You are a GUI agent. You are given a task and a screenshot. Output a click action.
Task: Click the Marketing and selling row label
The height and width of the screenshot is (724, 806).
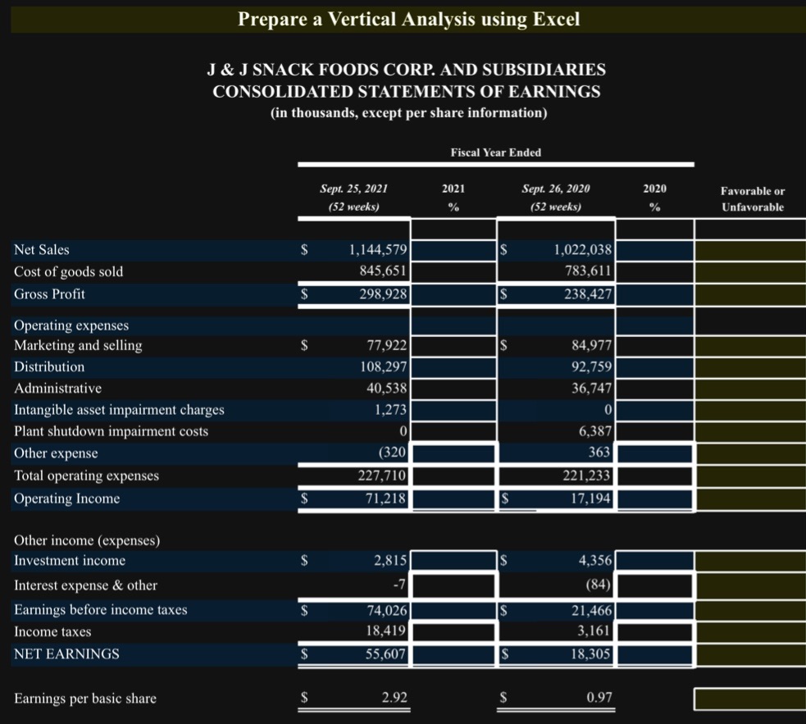78,345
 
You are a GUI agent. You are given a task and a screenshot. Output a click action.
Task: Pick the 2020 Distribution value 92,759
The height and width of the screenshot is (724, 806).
590,367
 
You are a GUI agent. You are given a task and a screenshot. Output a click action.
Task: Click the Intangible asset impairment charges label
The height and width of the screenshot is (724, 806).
119,409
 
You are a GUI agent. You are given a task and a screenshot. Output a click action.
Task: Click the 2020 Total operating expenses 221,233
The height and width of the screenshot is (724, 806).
585,476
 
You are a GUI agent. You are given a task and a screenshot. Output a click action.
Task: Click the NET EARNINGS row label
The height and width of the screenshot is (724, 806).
66,653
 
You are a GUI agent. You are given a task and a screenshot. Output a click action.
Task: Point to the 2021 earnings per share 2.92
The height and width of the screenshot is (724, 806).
394,699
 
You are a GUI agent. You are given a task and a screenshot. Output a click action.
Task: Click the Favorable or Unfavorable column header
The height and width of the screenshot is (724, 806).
752,199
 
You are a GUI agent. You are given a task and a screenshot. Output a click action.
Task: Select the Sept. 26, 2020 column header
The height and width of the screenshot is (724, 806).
556,189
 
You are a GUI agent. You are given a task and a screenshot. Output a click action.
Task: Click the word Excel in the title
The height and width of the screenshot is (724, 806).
556,19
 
